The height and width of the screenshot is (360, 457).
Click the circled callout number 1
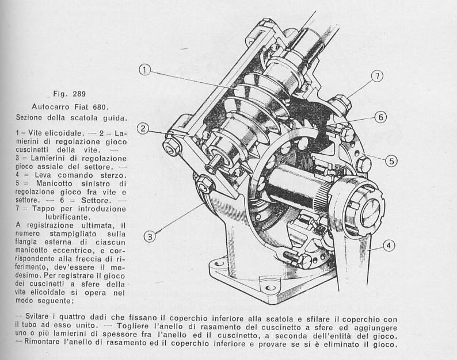[x=144, y=70]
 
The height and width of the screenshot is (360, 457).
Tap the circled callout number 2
[x=143, y=128]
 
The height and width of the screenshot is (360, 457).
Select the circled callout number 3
[x=150, y=236]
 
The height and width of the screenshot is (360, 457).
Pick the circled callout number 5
[x=391, y=161]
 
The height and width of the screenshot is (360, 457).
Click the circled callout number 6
[x=380, y=117]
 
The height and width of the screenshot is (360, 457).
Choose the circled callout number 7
[x=377, y=76]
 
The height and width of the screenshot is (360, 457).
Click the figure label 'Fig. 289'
[x=70, y=94]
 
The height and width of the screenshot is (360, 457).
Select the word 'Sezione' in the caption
[x=30, y=118]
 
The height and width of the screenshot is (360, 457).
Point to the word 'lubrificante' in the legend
[x=67, y=217]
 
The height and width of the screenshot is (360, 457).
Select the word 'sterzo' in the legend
[x=113, y=175]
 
